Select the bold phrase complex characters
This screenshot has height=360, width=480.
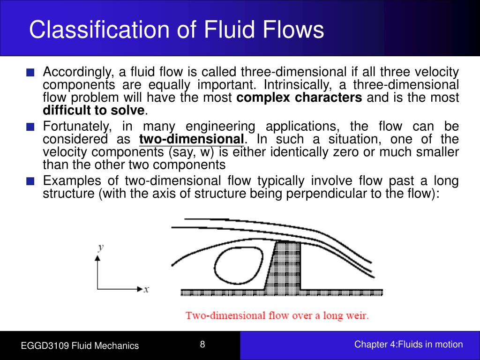point(300,98)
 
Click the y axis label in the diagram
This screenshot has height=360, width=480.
point(100,247)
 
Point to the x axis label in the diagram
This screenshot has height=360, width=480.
point(146,290)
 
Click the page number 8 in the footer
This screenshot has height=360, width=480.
point(202,345)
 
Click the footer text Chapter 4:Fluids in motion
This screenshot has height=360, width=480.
point(408,345)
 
